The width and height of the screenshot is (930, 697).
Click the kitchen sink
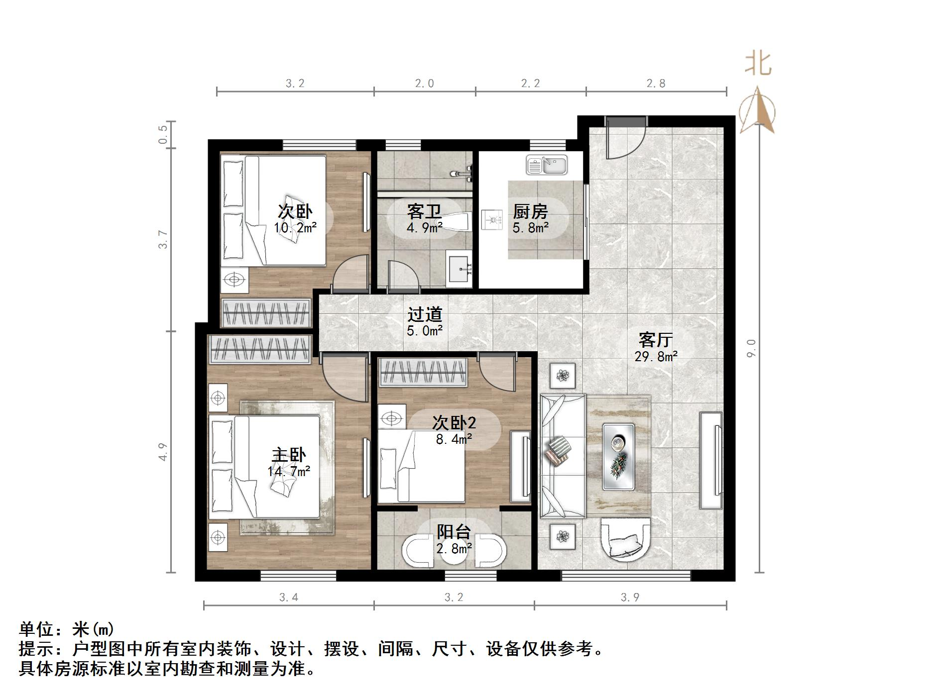(x=547, y=165)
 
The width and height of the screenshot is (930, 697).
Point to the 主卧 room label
(x=289, y=455)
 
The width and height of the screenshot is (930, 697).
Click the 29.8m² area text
(x=656, y=356)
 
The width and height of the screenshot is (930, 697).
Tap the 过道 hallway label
(x=425, y=314)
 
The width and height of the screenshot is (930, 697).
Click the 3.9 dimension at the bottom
(x=630, y=597)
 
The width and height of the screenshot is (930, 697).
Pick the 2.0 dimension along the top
(x=424, y=83)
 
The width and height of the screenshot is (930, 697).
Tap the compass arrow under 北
(x=757, y=112)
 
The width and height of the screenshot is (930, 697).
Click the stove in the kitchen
(x=492, y=220)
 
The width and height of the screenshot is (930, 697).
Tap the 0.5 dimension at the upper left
(x=163, y=134)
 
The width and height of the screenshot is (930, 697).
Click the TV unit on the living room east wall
(x=710, y=460)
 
